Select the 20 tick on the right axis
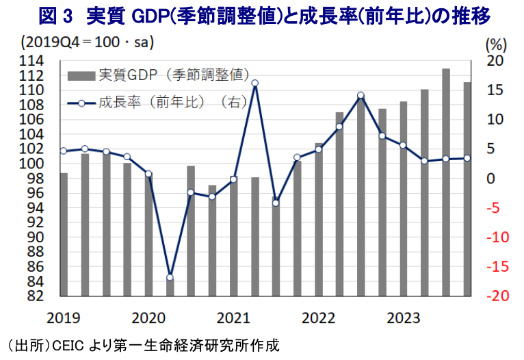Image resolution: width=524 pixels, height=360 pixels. pyautogui.click(x=495, y=61)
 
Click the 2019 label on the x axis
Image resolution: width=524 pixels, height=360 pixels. pyautogui.click(x=64, y=318)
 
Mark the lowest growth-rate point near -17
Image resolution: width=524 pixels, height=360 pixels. pyautogui.click(x=170, y=277)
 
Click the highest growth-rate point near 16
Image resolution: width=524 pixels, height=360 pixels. pyautogui.click(x=254, y=83)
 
